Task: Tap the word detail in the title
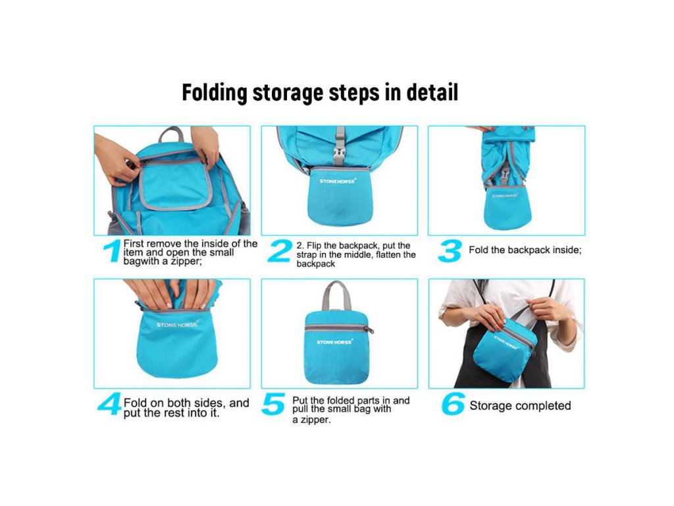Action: coord(432,92)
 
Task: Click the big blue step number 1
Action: coord(112,251)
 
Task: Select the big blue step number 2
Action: coord(280,251)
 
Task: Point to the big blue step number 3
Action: coord(450,251)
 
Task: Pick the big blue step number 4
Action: coord(109,404)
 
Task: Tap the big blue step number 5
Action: coord(273,404)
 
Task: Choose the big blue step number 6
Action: coord(453,404)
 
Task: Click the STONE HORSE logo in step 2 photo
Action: coord(338,181)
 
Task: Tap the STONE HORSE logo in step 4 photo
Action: coord(176,324)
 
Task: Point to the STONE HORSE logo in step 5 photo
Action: coord(335,342)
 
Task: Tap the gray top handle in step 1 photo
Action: coord(171,134)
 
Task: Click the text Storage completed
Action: coord(520,405)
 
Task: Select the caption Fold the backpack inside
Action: coord(525,250)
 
